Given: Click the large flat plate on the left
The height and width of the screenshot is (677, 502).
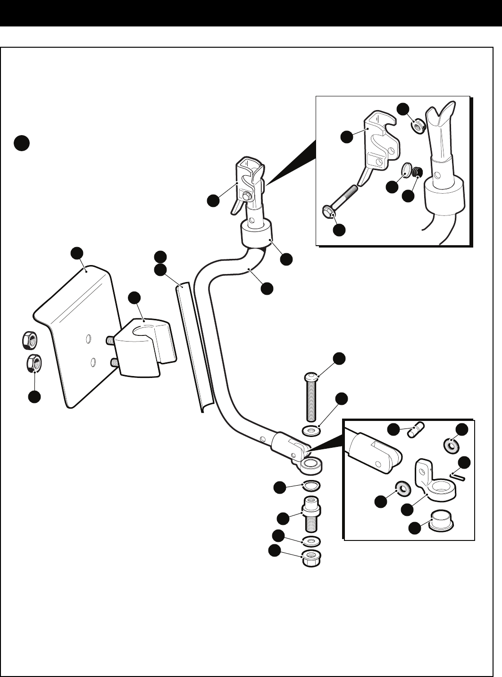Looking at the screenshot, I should point(75,340).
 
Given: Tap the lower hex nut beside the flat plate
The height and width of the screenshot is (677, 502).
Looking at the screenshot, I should point(33,363).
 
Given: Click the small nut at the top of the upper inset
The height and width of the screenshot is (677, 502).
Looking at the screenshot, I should point(417,126).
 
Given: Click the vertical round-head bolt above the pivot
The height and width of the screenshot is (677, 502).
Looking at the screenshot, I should point(311,397).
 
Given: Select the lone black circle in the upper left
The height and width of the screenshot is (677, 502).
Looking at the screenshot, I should point(21,143).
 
